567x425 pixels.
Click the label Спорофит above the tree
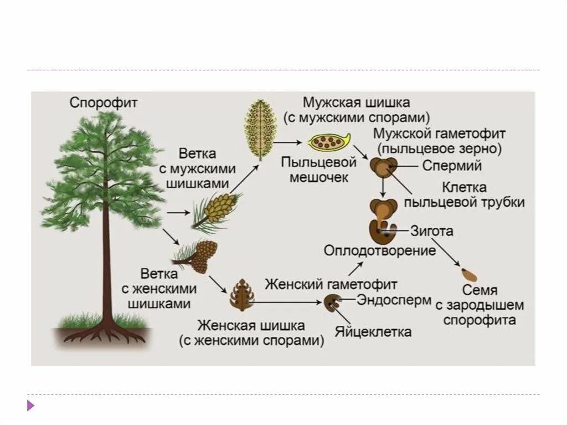(104, 103)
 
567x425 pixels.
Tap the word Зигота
(432, 231)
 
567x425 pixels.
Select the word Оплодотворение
(380, 250)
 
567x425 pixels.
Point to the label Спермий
(452, 166)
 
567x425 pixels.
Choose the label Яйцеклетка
(373, 332)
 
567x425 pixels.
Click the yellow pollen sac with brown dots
(328, 143)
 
